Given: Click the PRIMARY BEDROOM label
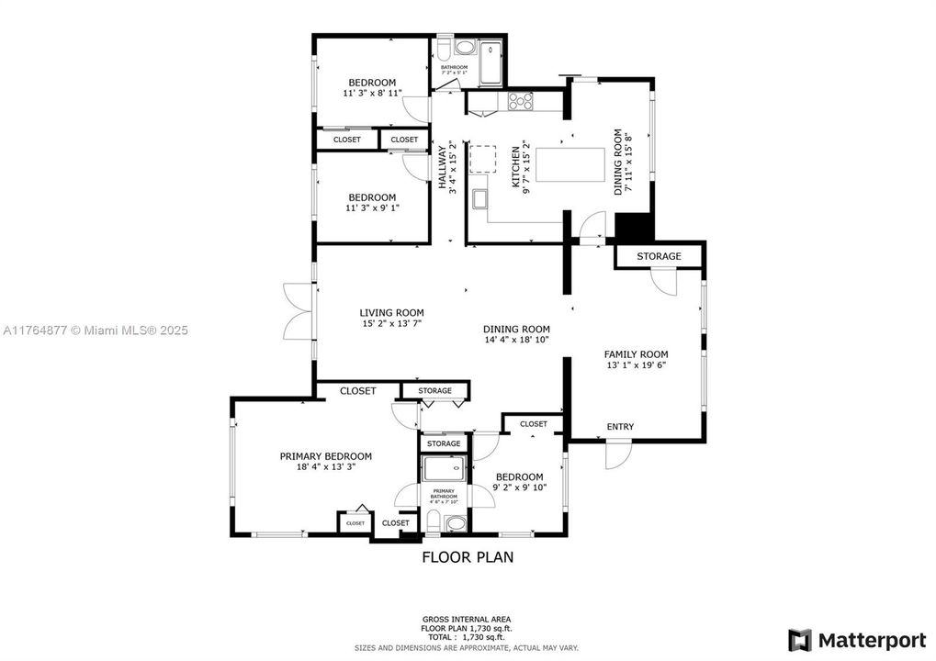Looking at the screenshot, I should coord(325,456).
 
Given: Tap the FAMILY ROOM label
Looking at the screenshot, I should coord(636,354).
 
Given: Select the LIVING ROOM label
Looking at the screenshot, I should coord(391,313).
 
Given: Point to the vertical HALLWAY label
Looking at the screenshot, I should coord(442,167).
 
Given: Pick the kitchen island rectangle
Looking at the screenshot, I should coord(570,166).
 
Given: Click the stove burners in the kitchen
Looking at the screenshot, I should coord(521,102).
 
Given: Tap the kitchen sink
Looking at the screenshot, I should coord(480,199).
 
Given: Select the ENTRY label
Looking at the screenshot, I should coord(620,427).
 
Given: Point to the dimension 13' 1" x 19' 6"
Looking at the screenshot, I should coord(636,365).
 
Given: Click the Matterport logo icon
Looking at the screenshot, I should coord(799,639).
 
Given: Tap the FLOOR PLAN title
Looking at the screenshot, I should coord(468,556).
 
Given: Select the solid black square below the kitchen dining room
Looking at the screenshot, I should coord(633,227).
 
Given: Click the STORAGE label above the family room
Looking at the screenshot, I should coord(659,256).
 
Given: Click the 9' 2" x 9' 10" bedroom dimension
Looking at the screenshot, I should coord(519,487).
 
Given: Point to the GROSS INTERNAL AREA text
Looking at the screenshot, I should coord(467,619).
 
